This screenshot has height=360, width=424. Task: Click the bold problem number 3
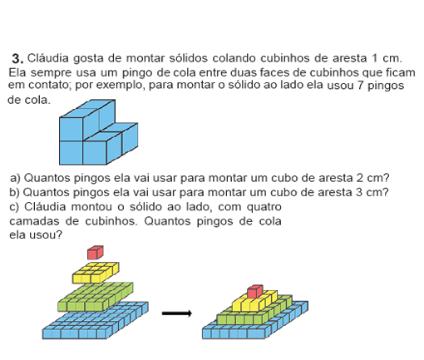[x=17, y=59]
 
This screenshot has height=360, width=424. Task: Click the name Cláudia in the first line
[x=48, y=58]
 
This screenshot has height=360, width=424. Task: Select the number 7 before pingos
[x=360, y=85]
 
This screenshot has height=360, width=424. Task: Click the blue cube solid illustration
[x=98, y=132]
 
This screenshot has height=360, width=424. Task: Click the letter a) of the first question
[x=15, y=178]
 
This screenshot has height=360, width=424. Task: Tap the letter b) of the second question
[x=14, y=192]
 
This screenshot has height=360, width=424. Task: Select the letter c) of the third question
[x=14, y=207]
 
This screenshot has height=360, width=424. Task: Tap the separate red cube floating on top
[x=96, y=252]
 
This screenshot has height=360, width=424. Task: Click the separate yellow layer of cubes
[x=96, y=273]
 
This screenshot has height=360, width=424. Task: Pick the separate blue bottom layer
[x=96, y=320]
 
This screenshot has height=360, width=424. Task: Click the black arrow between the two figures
[x=177, y=313]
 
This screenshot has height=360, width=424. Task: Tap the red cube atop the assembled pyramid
[x=255, y=292]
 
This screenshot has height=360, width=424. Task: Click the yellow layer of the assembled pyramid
[x=255, y=303]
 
